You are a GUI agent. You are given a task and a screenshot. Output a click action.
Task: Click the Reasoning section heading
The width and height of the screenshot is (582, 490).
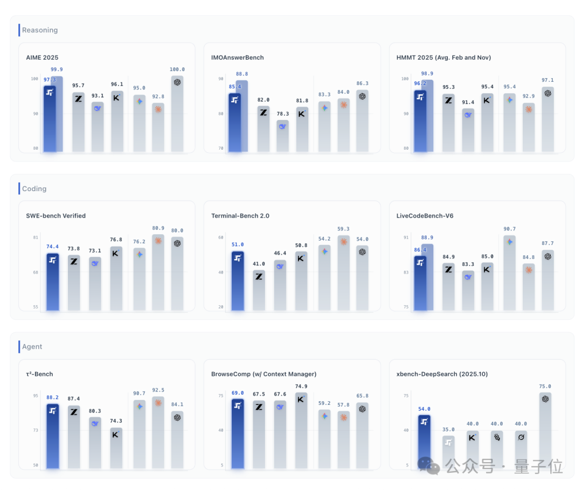point(40,30)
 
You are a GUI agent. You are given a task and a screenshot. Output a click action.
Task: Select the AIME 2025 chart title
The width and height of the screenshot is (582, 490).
point(43,58)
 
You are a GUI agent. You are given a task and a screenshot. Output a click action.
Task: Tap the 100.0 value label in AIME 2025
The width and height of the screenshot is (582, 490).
point(177,69)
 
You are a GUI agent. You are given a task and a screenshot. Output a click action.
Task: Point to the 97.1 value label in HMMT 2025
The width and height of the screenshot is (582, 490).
point(548,80)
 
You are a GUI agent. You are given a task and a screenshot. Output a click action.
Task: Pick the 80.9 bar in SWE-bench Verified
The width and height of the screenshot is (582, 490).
point(158,272)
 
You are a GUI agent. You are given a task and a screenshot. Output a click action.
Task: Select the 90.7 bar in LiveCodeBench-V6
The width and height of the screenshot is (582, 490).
point(510,272)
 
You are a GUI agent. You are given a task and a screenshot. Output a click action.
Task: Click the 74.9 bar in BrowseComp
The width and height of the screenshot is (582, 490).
point(301,430)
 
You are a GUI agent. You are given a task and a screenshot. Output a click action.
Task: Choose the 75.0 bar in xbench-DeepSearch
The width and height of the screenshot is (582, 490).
point(545,430)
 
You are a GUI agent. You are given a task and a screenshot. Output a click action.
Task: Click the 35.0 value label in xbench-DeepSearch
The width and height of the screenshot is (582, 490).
point(448,430)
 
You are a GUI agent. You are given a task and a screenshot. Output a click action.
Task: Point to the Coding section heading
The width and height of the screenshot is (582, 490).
point(34,188)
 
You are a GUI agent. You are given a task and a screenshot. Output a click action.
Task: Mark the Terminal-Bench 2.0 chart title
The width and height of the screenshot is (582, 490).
point(240,216)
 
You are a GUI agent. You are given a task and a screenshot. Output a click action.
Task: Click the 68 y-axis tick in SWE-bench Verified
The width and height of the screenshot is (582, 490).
point(36,272)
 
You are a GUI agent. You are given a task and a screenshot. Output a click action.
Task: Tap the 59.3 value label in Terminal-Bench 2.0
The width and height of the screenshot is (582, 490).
point(343,229)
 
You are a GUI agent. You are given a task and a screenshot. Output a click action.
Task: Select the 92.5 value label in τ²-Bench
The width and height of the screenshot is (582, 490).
point(158,390)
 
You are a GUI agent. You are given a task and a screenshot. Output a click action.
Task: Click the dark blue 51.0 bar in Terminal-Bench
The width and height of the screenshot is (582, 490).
point(238,281)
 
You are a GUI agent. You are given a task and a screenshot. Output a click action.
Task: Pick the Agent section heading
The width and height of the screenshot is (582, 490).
point(32,346)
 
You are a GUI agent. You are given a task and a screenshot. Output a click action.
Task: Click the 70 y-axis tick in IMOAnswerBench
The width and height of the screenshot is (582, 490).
point(221,149)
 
